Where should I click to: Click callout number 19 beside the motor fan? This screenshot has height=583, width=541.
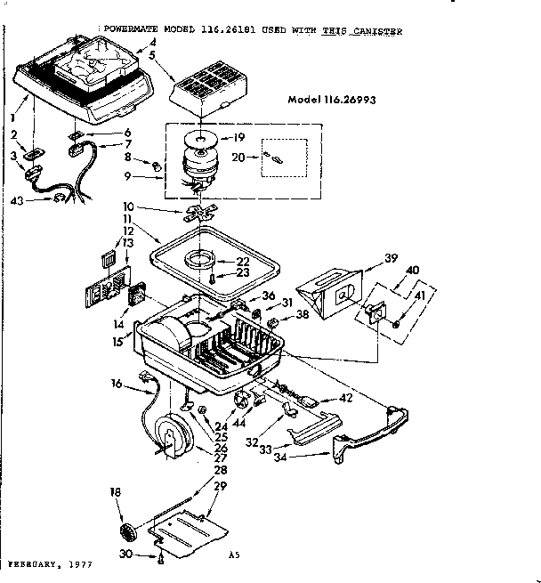point(238,137)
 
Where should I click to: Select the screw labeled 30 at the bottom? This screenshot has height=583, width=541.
point(160,558)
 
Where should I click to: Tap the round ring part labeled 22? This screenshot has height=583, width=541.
point(200,259)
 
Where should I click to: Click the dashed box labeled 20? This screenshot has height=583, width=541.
point(284,158)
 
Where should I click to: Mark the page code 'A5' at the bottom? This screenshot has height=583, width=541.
point(234,556)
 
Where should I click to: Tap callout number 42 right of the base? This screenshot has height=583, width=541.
point(343,399)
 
